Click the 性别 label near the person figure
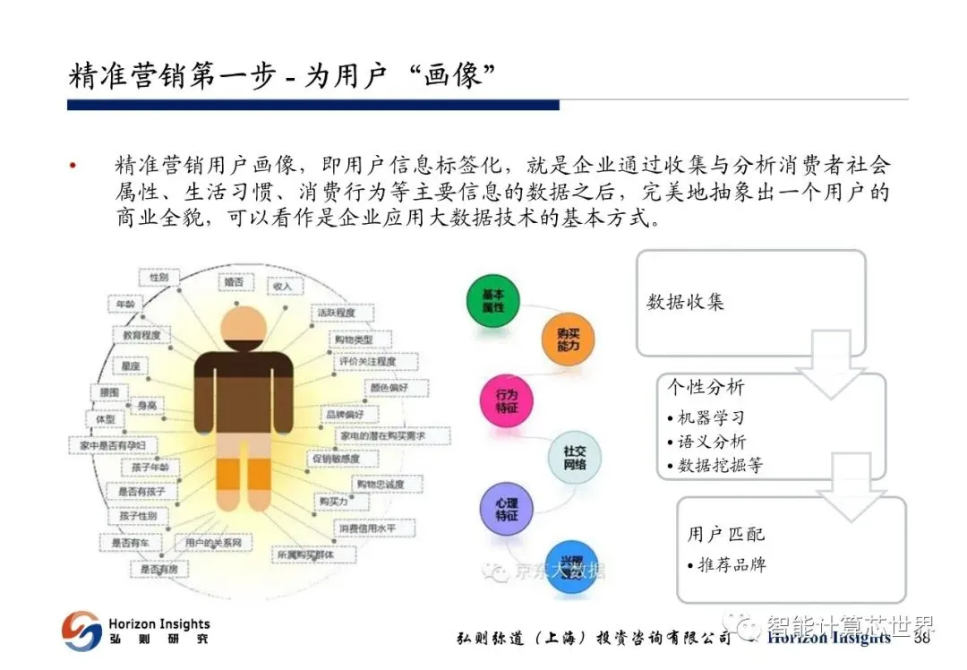[159, 278]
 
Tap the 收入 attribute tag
[283, 285]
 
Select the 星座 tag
[132, 366]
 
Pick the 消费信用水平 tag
[367, 528]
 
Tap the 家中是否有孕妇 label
[113, 445]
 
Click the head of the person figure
[243, 326]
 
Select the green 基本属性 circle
[493, 301]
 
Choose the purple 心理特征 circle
[507, 510]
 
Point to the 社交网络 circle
[574, 458]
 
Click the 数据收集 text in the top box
[685, 302]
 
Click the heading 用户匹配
[726, 535]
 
